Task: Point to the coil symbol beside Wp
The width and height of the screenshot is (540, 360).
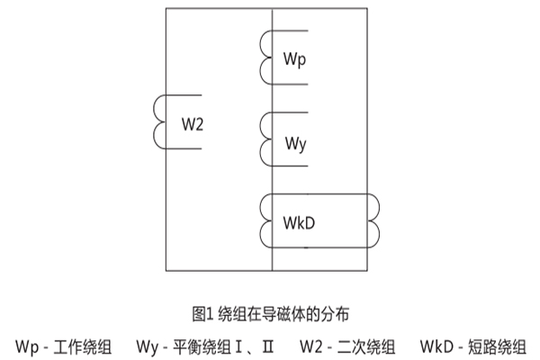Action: point(267,57)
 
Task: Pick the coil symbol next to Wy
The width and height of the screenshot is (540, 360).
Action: point(267,134)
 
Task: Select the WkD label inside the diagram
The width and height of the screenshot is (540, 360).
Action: point(298,220)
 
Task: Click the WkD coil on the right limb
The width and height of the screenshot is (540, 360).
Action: point(373,220)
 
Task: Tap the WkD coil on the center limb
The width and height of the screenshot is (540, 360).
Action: point(267,220)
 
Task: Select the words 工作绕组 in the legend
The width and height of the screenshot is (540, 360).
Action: point(85,346)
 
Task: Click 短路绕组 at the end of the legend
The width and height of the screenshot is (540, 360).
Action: point(499,346)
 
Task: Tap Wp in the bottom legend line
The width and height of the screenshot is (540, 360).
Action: point(25,346)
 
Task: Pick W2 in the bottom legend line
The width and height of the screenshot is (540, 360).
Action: point(310,346)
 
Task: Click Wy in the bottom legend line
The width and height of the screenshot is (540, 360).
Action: point(148,346)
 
